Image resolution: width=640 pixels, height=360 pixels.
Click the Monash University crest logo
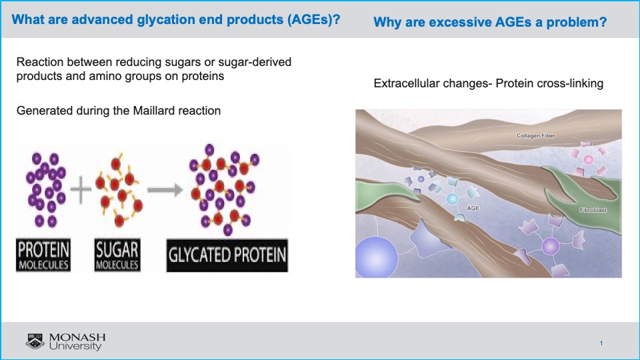pos(35,341)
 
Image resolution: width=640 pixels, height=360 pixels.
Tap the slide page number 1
pos(601,343)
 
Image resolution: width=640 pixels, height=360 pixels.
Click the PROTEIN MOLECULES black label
pos(43,255)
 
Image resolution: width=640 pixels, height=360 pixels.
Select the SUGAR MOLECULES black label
pos(117,255)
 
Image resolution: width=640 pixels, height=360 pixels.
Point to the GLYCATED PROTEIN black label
pos(227,255)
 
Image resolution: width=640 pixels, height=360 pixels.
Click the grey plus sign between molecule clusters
pos(81,189)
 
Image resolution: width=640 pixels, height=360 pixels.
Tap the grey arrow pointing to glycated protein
pos(165,190)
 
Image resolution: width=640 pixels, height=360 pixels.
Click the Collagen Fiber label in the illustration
pos(535,135)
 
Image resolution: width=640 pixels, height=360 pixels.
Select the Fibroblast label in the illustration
pos(593,210)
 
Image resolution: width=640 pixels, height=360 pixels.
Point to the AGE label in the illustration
pos(473,208)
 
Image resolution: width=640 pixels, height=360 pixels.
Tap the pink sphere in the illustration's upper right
pos(588,159)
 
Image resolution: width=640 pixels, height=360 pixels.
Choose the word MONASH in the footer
pos(77,337)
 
